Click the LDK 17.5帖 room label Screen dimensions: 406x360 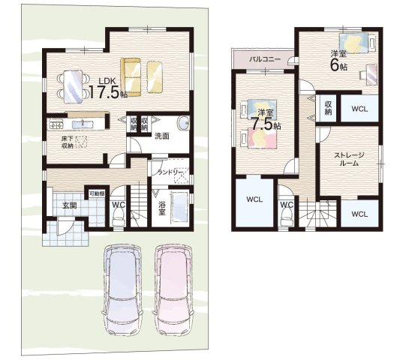[x=108, y=88]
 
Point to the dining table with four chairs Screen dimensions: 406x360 [x=74, y=87]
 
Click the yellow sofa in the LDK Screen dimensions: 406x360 [x=131, y=77]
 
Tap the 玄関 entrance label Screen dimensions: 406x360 [x=70, y=205]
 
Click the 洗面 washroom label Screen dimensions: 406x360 [x=162, y=136]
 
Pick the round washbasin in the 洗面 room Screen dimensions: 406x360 [x=184, y=123]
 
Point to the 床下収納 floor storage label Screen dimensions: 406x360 [x=68, y=142]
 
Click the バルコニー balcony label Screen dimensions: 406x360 [x=265, y=59]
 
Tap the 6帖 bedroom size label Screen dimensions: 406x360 [x=338, y=66]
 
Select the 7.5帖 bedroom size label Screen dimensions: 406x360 [x=266, y=124]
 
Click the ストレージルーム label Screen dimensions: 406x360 [x=349, y=159]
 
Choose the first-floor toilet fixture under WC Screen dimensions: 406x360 [x=119, y=217]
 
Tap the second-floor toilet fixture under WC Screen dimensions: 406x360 [x=287, y=217]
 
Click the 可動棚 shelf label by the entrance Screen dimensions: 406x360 [x=97, y=193]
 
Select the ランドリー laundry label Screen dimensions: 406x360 [x=171, y=172]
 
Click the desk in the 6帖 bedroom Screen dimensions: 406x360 [x=371, y=74]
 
